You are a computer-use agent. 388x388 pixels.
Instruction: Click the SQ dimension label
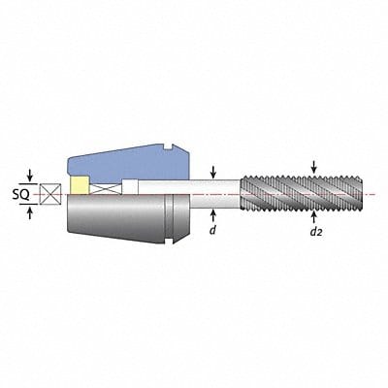click(x=18, y=192)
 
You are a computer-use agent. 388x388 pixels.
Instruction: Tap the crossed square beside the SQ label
click(x=50, y=192)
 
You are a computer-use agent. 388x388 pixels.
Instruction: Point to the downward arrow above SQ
click(x=31, y=175)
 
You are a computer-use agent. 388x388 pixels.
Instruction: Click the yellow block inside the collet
click(x=77, y=186)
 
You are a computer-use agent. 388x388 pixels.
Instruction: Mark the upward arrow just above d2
click(x=314, y=214)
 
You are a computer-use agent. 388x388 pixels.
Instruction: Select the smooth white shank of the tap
click(x=213, y=191)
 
